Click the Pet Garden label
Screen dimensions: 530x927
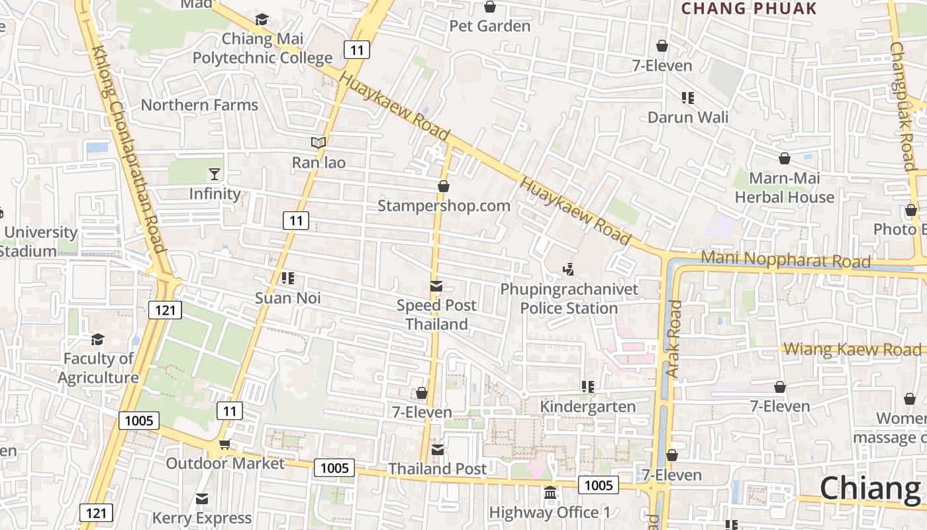489,26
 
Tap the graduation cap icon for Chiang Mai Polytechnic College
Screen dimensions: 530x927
262,19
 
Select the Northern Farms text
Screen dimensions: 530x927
199,105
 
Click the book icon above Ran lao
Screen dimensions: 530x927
318,142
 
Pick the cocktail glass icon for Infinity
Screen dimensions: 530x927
215,174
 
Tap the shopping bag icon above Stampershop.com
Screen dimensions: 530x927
444,186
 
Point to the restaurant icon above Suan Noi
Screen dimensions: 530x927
288,278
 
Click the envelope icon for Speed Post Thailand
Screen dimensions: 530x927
436,286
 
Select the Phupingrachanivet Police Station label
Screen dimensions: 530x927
569,299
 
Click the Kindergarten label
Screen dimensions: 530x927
588,406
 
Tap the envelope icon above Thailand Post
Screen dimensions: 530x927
438,450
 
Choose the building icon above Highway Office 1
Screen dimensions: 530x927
550,493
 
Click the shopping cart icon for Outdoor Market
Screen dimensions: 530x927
224,444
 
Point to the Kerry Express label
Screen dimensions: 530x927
202,517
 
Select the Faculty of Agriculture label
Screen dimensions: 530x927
98,368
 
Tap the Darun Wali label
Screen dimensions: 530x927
688,117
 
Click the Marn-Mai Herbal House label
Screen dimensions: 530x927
785,187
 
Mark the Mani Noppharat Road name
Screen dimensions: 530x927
785,259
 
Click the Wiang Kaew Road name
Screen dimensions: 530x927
852,349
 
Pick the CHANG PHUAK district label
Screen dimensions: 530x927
749,9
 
